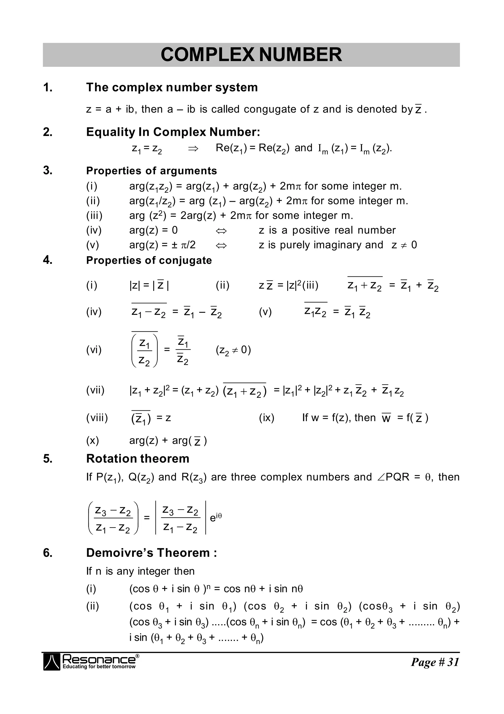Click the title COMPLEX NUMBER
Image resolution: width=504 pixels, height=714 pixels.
pyautogui.click(x=251, y=55)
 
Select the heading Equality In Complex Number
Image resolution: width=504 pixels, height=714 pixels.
pyautogui.click(x=173, y=132)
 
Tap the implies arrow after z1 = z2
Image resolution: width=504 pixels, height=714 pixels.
pyautogui.click(x=193, y=148)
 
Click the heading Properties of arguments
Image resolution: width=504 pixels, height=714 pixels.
pyautogui.click(x=151, y=171)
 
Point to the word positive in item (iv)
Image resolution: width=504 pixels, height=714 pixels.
pyautogui.click(x=311, y=230)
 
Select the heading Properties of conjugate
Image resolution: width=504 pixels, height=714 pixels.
pyautogui.click(x=149, y=260)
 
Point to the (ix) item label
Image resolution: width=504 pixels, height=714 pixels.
pyautogui.click(x=267, y=418)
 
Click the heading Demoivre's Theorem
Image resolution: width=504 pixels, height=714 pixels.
pyautogui.click(x=151, y=553)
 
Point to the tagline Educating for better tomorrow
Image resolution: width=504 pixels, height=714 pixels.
pyautogui.click(x=99, y=666)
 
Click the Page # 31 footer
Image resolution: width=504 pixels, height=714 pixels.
pyautogui.click(x=435, y=662)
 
